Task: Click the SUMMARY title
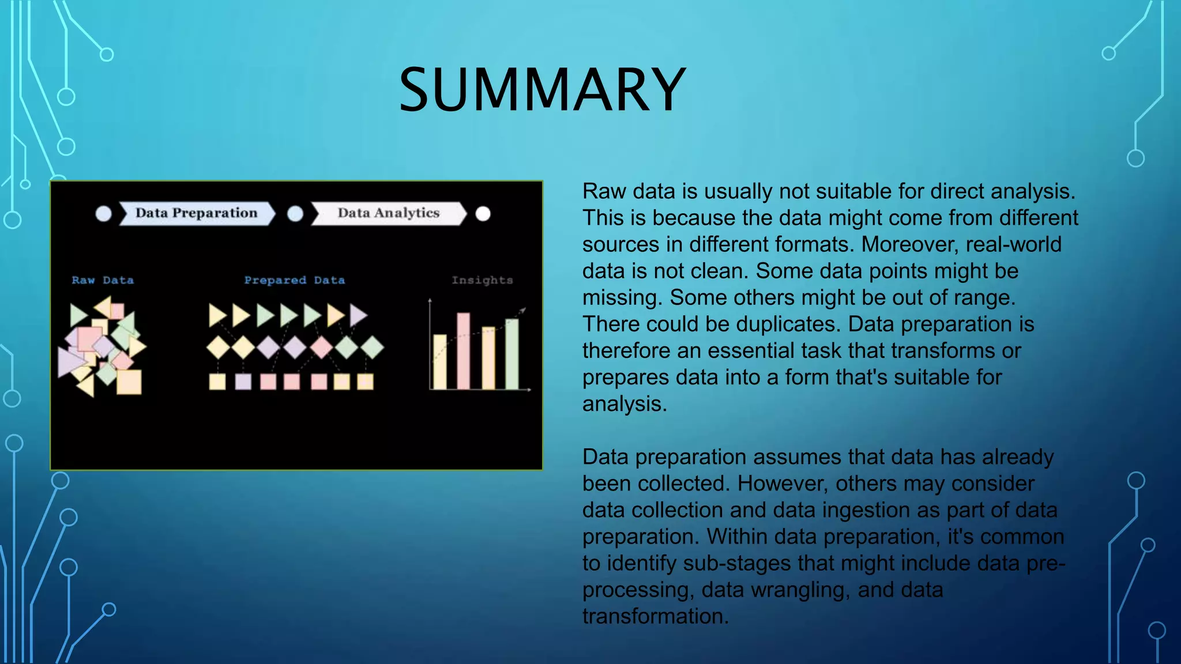pos(542,90)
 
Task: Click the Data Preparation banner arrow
pos(196,213)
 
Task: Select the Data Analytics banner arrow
pos(388,213)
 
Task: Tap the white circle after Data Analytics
pos(483,214)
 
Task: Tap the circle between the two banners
pos(295,214)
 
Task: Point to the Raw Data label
pos(103,280)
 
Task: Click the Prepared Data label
pos(294,280)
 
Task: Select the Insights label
pos(482,280)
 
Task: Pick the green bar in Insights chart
pos(511,354)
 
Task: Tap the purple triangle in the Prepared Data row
pos(358,315)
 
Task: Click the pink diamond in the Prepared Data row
pos(321,347)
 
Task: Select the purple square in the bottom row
pos(243,382)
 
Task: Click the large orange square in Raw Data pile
pos(129,382)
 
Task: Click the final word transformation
pos(655,616)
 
